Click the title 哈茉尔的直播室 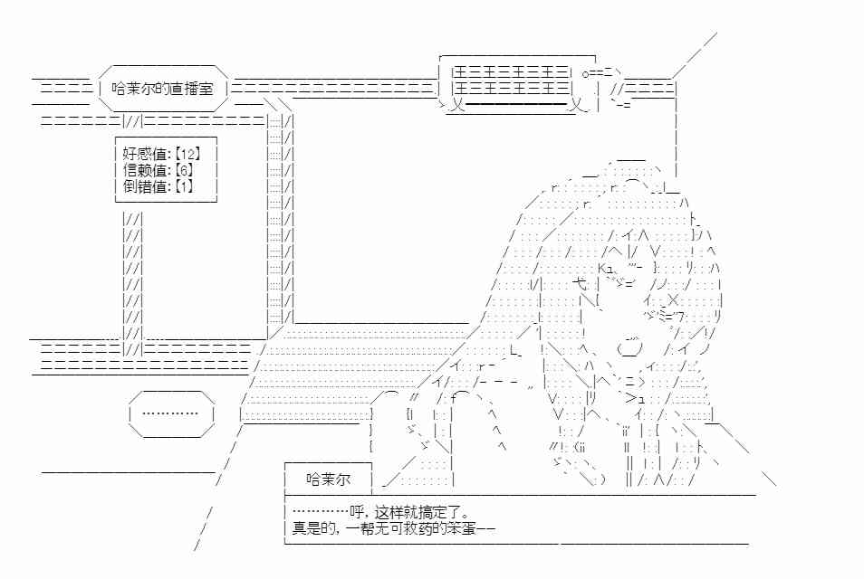pos(162,89)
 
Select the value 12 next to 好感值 pos(187,154)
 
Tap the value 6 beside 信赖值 pos(184,170)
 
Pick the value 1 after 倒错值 pos(184,186)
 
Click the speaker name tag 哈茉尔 pos(329,479)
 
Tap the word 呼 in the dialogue pos(357,513)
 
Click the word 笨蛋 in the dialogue pos(461,529)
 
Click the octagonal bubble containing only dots pos(171,413)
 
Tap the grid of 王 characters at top pos(511,81)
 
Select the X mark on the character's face pos(673,300)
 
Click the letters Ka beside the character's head pos(606,268)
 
